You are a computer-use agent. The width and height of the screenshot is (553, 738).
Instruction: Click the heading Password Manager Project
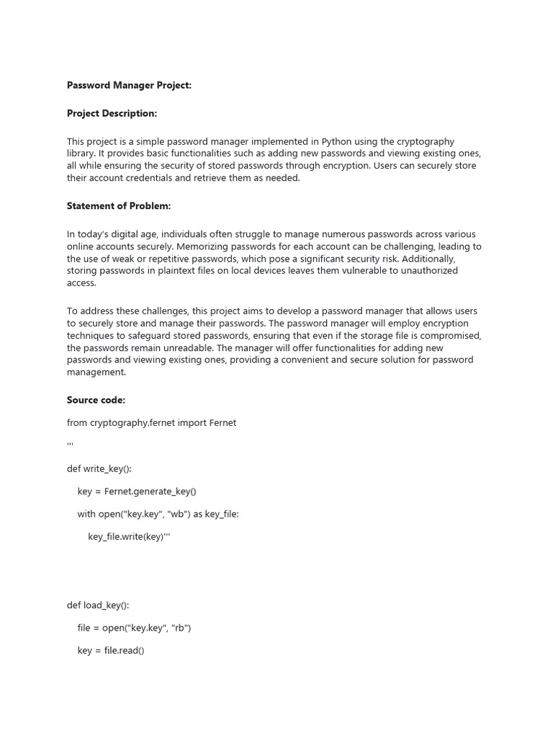click(x=129, y=85)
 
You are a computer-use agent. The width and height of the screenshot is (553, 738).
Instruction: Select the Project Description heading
click(x=112, y=113)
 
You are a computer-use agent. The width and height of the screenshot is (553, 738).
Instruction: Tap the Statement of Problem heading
click(x=119, y=206)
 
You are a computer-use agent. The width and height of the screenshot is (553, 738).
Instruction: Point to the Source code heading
click(x=96, y=400)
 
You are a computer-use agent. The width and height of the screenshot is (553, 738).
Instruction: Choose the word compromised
click(x=444, y=336)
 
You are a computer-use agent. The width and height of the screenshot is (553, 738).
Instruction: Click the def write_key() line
click(x=99, y=468)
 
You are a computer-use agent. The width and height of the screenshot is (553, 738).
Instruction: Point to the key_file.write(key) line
click(x=129, y=537)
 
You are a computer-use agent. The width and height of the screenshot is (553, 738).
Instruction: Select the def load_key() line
click(x=98, y=605)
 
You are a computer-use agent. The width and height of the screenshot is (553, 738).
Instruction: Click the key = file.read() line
click(x=111, y=650)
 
